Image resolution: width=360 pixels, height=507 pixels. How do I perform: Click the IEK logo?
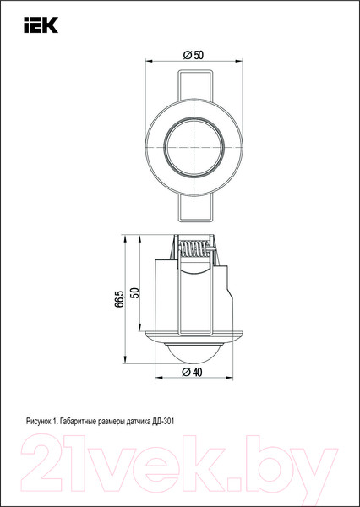point(40,26)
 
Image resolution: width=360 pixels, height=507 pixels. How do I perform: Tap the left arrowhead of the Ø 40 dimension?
point(160,379)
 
